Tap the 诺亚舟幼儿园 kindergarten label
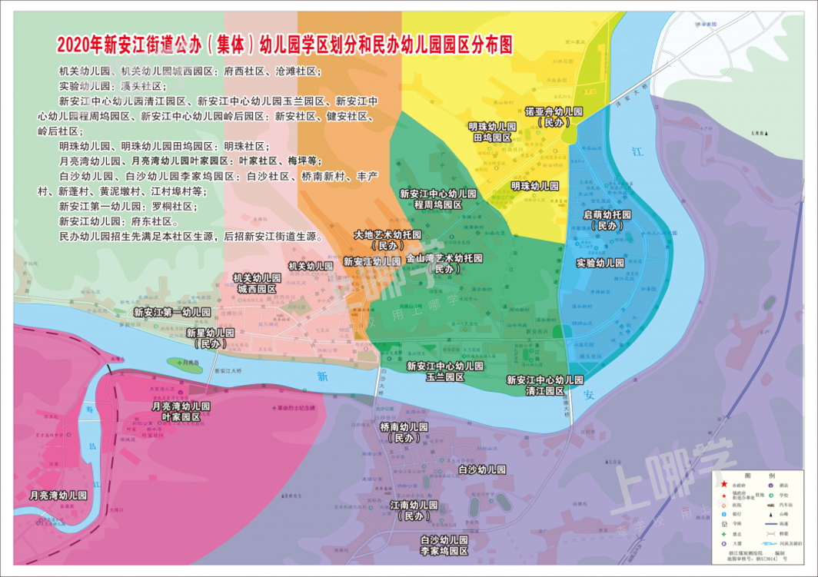coord(554,116)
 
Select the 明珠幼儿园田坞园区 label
coord(492,131)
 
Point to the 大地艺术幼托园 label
coord(387,240)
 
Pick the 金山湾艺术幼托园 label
coord(444,264)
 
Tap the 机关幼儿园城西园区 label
coord(256,284)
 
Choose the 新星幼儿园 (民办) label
coord(210,338)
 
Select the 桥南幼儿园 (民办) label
coord(403,433)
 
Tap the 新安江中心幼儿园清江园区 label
coord(545,385)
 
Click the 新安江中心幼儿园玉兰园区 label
coord(445,372)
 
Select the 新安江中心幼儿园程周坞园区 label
coord(438,200)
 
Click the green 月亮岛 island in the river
coord(185,365)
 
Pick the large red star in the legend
coord(724,485)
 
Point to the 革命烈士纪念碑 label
coord(296,407)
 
